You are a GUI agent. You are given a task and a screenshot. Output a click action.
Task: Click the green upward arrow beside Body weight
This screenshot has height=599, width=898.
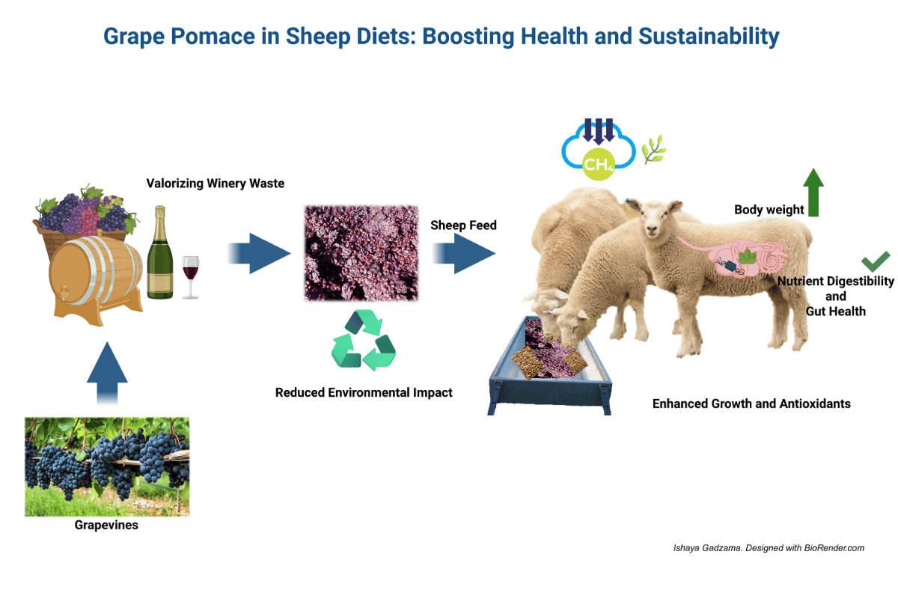point(813,192)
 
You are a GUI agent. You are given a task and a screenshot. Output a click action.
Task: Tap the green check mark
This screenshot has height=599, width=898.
point(875,261)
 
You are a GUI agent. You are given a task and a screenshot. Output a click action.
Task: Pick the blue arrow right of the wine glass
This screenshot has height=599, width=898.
point(258,254)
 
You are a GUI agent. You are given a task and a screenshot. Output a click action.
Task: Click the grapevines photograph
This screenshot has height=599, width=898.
point(107,466)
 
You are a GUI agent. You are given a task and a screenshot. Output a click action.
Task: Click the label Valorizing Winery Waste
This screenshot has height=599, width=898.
point(215,183)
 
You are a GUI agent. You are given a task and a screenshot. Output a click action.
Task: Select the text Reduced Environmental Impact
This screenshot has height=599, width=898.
point(364,392)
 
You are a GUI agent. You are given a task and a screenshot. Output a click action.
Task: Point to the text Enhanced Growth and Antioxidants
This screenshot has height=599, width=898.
point(751,404)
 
